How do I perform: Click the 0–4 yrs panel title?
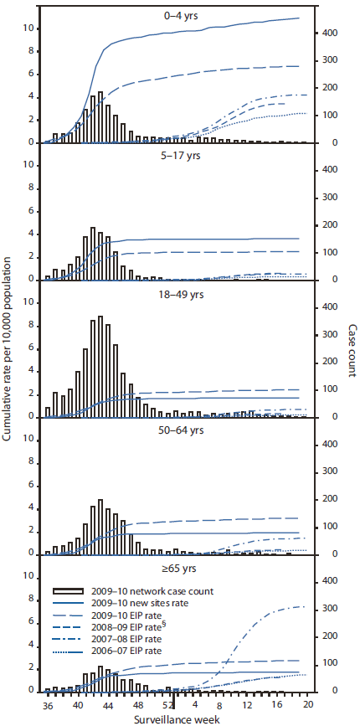175,14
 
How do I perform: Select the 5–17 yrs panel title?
175,154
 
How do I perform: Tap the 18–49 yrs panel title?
175,293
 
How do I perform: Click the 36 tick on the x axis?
48,705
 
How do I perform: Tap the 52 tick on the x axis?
172,705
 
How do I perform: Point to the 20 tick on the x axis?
307,705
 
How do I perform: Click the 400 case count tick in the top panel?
331,32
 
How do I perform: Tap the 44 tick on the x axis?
109,705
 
